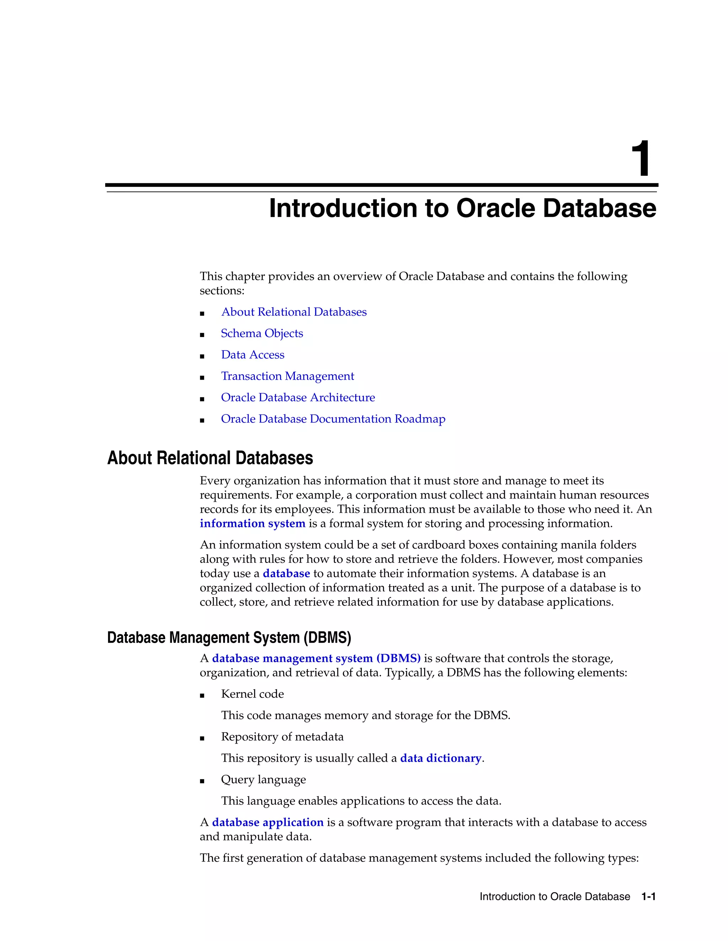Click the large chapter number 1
coord(641,159)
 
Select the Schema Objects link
coord(262,333)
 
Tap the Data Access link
coord(253,355)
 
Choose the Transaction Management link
coord(287,376)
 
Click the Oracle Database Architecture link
coord(298,397)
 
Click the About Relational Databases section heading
coord(210,458)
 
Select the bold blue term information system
coord(252,523)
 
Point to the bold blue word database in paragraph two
coord(287,573)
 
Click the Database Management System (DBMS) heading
coord(229,638)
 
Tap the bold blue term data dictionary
coord(440,758)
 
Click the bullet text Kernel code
coord(252,694)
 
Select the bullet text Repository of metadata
coord(282,737)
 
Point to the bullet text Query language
coord(263,779)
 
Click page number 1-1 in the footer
coord(648,897)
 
